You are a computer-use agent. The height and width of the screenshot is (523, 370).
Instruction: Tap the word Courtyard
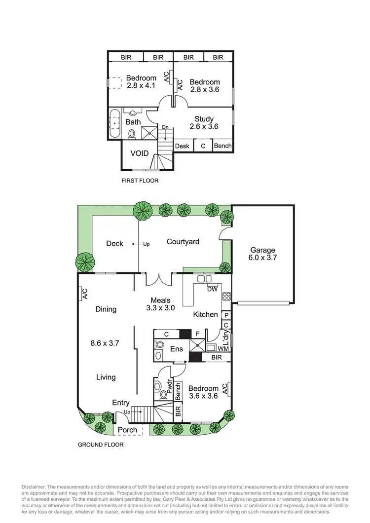[183, 242]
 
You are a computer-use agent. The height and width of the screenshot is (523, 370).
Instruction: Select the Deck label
[114, 243]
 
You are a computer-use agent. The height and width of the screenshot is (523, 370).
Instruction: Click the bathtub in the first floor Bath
[115, 123]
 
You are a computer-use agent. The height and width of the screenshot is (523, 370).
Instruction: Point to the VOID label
[140, 153]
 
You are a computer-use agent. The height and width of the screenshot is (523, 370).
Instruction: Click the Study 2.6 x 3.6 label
[204, 123]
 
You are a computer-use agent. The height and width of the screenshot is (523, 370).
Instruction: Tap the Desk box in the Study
[183, 146]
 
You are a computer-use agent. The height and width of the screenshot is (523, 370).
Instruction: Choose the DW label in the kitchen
[213, 289]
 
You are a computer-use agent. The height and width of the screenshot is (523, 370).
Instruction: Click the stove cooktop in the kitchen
[226, 297]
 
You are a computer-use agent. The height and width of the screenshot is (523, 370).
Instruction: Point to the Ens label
[177, 349]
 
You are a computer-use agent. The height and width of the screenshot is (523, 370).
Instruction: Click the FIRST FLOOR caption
[140, 181]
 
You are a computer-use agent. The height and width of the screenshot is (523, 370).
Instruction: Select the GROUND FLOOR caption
[101, 445]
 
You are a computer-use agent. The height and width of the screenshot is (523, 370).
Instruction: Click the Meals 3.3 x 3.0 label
[158, 304]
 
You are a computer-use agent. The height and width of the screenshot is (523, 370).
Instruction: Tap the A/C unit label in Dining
[84, 295]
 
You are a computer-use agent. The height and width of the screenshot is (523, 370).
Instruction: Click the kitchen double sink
[205, 279]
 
